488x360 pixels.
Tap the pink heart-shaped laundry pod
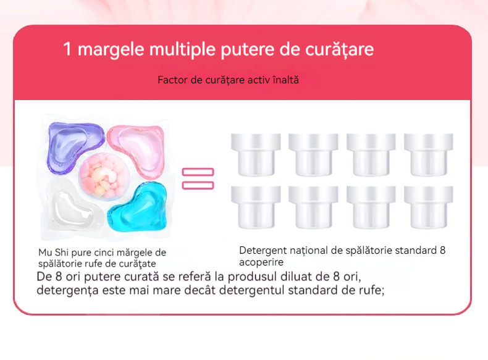[x=137, y=150]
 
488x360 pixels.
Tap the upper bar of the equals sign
[x=198, y=172]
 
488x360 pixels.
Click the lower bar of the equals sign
[x=198, y=185]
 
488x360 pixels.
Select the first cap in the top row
[x=256, y=154]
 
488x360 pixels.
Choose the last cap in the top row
[x=429, y=154]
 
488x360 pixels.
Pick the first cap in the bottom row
[x=256, y=207]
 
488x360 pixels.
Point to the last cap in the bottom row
[x=429, y=207]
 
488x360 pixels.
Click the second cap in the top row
[x=313, y=154]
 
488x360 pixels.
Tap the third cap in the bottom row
[x=371, y=207]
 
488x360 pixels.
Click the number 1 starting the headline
[x=67, y=49]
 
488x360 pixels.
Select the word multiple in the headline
[x=182, y=50]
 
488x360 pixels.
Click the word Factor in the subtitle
[x=172, y=80]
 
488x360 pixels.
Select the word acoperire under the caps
[x=261, y=262]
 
